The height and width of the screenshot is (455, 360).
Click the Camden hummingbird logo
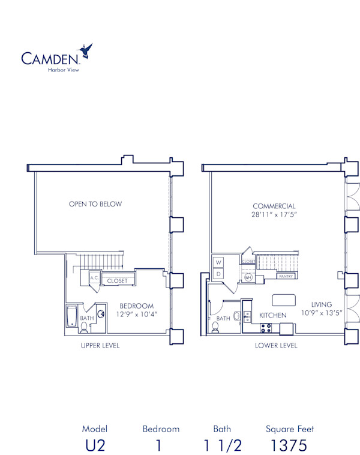pos(86,52)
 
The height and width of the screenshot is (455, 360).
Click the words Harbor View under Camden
pos(63,70)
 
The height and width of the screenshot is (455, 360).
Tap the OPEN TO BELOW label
pos(95,204)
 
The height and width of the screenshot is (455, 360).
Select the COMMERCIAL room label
pos(274,206)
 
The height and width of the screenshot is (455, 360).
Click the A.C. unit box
pos(94,279)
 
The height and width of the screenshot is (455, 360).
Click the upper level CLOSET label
pos(117,281)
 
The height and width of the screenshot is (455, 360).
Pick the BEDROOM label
pos(136,306)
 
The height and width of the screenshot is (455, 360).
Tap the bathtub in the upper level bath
pos(71,316)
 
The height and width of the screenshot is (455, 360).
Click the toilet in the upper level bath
pos(84,327)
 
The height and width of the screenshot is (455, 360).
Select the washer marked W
pos(218,263)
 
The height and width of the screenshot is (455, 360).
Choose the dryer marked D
pos(218,274)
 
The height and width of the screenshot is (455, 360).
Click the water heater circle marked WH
pos(248,277)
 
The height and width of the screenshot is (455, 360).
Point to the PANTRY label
pos(286,277)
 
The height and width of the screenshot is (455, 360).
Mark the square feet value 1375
pos(290,445)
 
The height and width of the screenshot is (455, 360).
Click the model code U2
pos(95,445)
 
